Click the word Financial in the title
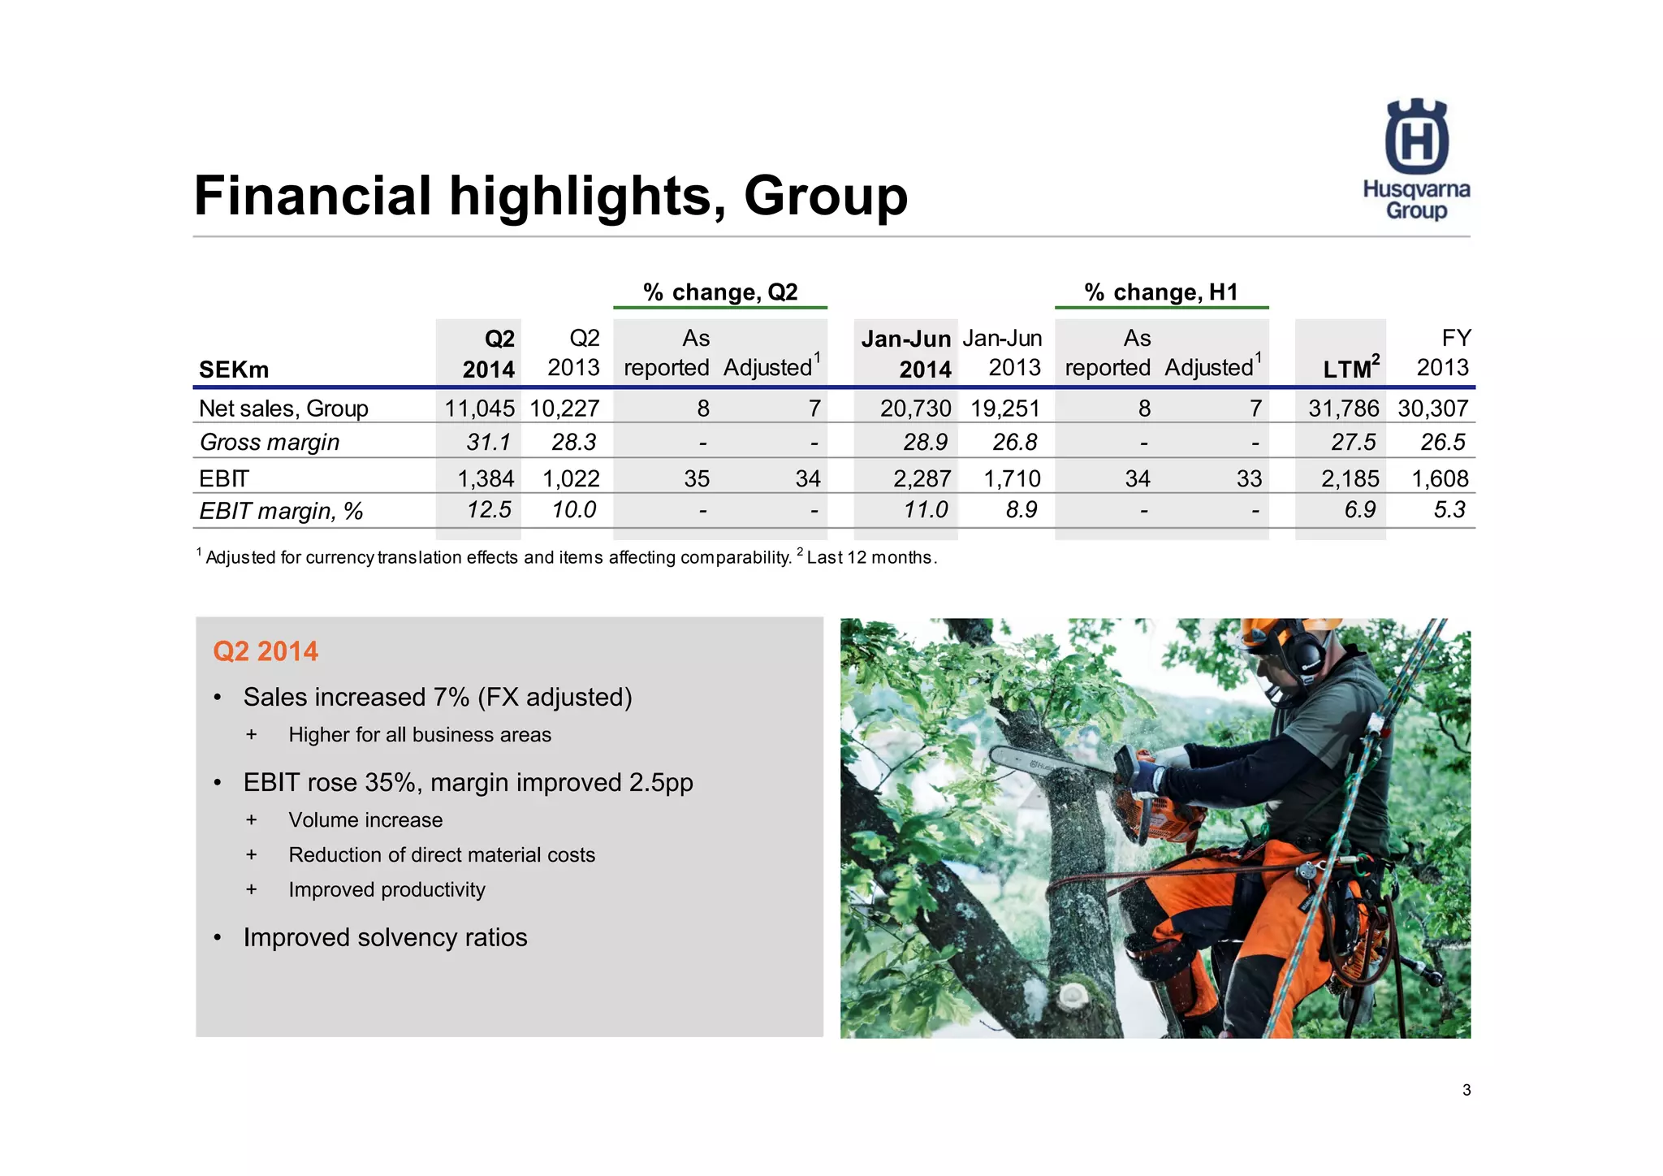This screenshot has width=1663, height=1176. [x=313, y=196]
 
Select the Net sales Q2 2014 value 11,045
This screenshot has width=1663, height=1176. [x=479, y=409]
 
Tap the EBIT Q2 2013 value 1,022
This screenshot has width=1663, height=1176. [x=571, y=478]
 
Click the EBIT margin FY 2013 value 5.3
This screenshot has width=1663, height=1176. [x=1449, y=510]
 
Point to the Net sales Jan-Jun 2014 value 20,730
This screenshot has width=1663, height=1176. [x=915, y=409]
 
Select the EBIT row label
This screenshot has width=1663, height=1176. [x=224, y=478]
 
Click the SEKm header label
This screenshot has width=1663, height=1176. [x=234, y=370]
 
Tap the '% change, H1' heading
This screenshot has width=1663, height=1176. [x=1160, y=292]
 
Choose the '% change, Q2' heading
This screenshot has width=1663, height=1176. [x=720, y=292]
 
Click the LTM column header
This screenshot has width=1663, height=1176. [x=1348, y=369]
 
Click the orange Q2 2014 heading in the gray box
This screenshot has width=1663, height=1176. [x=266, y=651]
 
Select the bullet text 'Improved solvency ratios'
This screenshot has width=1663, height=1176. [x=385, y=937]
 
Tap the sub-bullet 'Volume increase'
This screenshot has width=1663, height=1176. [x=365, y=820]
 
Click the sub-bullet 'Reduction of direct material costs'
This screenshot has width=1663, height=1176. [x=442, y=855]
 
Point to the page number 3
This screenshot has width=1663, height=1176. [x=1466, y=1091]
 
